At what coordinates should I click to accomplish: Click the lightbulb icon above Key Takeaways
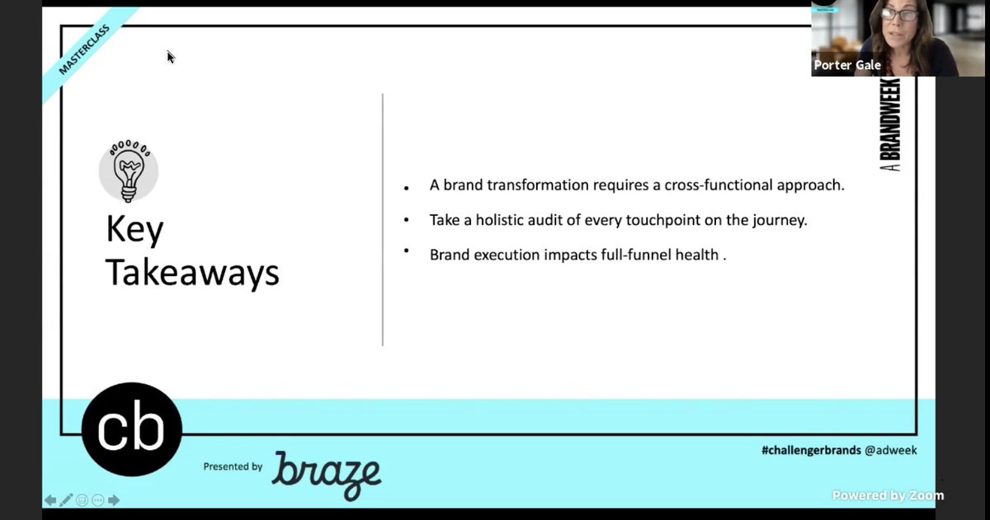(128, 171)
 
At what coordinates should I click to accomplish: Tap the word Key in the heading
(134, 232)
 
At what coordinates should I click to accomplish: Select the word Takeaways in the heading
(192, 273)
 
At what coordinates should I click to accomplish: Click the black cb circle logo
(131, 429)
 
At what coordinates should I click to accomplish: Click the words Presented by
(233, 466)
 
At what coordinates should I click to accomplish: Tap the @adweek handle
(890, 450)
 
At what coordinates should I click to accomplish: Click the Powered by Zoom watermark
(888, 495)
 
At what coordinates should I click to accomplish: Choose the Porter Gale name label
(847, 65)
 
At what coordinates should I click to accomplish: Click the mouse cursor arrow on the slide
(171, 57)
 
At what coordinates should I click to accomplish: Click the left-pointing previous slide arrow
(50, 500)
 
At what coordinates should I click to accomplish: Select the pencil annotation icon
(66, 500)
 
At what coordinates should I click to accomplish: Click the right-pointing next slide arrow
(114, 500)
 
